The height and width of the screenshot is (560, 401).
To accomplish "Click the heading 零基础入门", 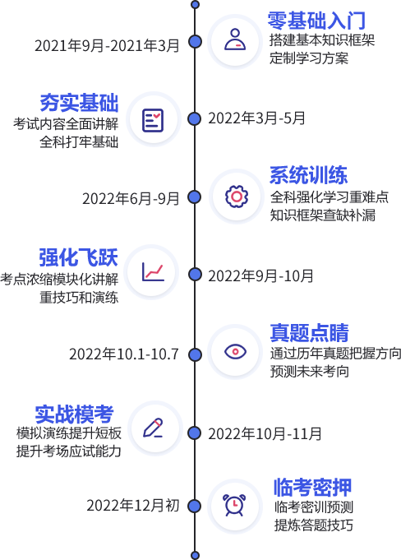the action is click(316, 21).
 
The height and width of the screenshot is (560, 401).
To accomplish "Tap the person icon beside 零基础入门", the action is click(235, 39).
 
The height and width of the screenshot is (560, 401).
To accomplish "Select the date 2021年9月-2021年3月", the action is click(107, 46).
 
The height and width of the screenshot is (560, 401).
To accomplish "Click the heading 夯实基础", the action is click(79, 103).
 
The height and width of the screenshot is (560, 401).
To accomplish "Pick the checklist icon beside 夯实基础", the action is click(153, 120).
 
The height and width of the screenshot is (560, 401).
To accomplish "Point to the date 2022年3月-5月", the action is click(256, 118).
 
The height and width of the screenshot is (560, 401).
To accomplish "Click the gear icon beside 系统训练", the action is click(237, 196).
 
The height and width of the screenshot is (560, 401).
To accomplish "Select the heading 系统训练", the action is click(309, 175).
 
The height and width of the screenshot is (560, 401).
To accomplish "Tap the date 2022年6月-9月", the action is click(131, 198).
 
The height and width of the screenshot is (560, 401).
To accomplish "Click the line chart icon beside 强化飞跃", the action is click(153, 272).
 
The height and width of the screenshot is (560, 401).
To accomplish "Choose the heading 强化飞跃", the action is click(78, 257).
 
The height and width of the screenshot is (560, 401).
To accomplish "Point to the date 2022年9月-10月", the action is click(260, 276).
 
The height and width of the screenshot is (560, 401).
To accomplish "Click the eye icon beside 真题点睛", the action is click(235, 351).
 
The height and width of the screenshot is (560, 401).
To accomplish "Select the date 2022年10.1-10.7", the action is click(124, 354).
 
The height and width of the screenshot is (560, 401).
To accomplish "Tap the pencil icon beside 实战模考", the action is click(153, 428).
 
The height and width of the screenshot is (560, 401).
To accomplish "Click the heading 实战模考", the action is click(74, 414).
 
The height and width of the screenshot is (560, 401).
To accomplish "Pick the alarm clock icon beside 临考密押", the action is click(234, 505).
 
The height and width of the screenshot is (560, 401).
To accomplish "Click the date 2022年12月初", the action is click(133, 506).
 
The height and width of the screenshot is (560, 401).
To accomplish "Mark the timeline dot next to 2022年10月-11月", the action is click(195, 433).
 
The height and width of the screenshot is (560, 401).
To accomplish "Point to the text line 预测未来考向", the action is click(309, 372).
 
